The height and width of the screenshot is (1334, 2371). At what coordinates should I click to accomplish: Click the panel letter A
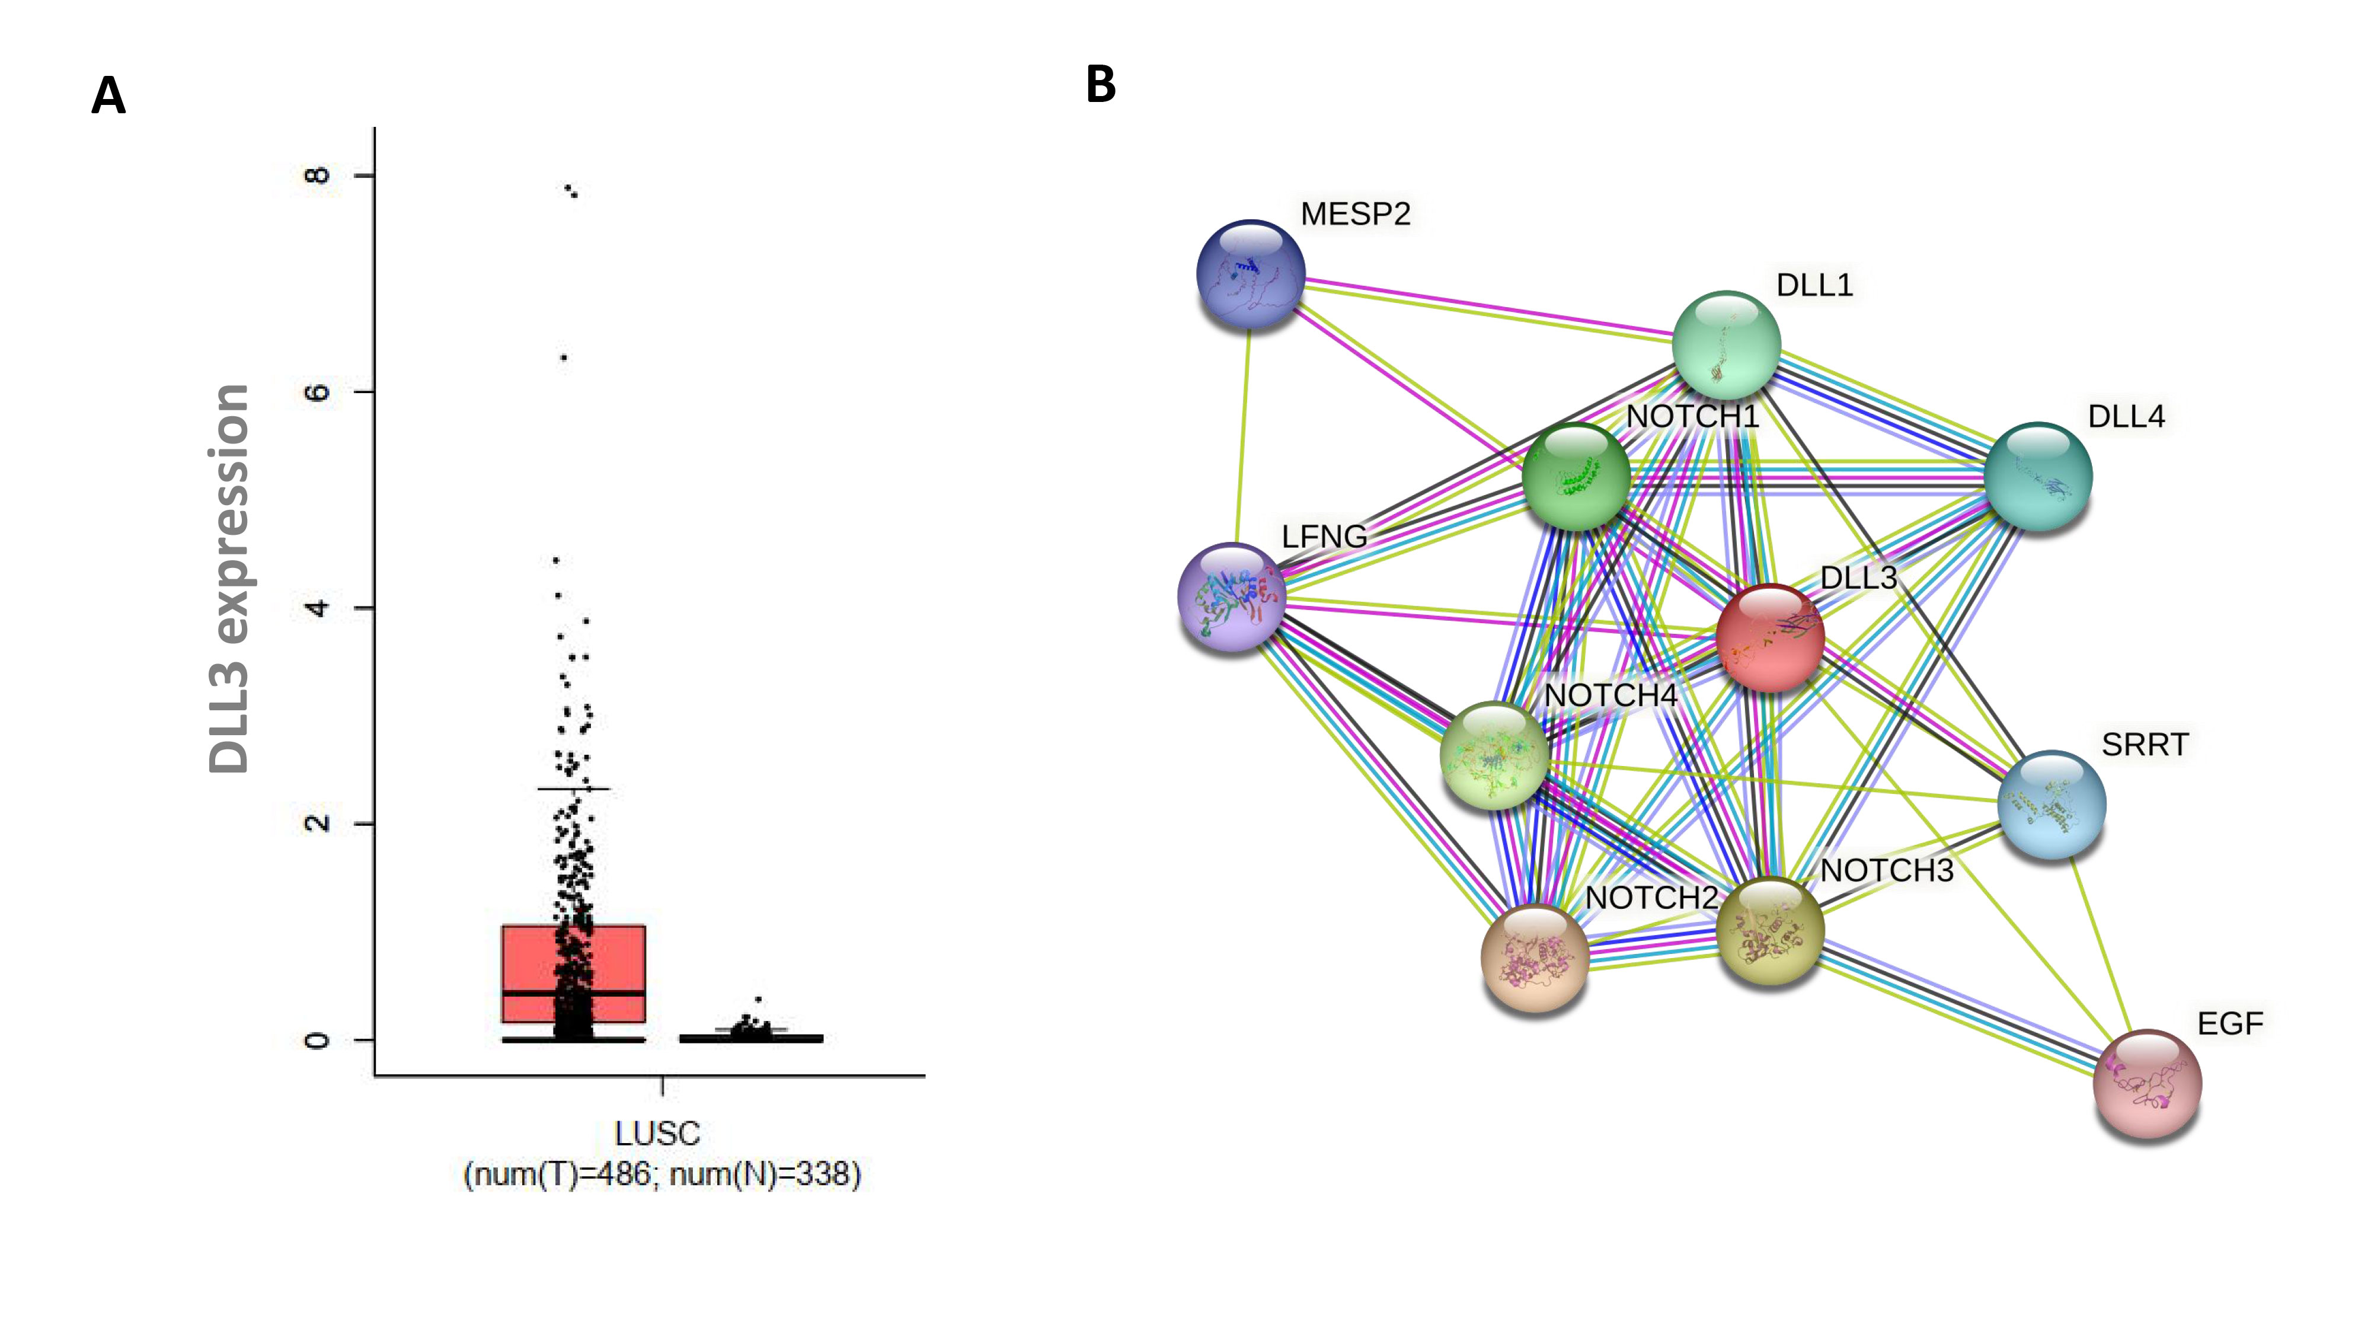click(108, 95)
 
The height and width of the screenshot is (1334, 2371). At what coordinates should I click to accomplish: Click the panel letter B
click(1101, 85)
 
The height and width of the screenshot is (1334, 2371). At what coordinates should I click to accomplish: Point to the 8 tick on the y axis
click(316, 175)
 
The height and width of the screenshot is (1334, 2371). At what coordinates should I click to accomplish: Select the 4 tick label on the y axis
click(316, 608)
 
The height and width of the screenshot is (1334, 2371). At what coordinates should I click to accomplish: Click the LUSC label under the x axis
click(657, 1133)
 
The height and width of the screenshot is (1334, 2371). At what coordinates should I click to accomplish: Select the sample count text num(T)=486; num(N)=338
click(662, 1175)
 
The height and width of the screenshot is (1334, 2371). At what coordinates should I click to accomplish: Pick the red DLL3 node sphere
click(1769, 637)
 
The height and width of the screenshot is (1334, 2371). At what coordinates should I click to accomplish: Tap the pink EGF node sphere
click(2146, 1084)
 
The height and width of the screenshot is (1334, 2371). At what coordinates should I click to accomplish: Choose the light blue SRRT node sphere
click(2051, 804)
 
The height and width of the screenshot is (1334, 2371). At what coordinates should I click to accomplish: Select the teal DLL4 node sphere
click(2037, 476)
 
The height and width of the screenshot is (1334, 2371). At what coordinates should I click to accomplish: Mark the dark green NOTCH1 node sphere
click(1576, 476)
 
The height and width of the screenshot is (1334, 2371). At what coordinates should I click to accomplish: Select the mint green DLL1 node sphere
click(1725, 345)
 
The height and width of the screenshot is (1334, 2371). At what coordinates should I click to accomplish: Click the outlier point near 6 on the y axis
click(563, 357)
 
